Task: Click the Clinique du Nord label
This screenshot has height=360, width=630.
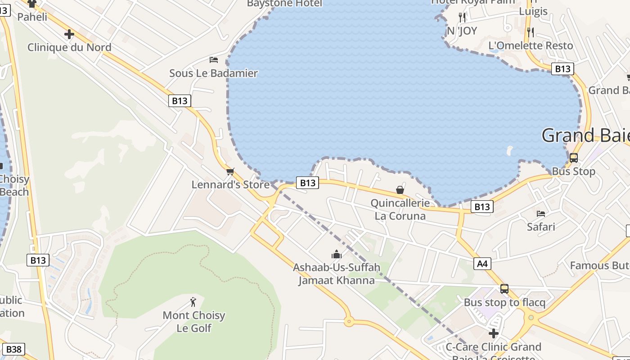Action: point(69,47)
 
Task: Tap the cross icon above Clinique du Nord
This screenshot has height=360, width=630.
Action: point(69,34)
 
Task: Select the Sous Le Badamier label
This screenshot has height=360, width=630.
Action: point(213,73)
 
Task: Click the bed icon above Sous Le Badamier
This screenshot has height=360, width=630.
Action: point(214,59)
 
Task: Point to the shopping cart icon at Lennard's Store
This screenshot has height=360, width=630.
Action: point(230,171)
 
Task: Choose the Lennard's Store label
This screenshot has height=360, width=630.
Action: point(230,184)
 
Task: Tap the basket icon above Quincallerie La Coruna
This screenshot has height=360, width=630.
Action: point(400,190)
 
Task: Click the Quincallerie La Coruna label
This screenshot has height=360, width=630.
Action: point(400,210)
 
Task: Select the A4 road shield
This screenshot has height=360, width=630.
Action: point(482,263)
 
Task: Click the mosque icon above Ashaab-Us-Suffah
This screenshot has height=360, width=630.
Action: point(336,255)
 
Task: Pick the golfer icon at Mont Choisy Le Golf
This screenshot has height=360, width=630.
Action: point(193,302)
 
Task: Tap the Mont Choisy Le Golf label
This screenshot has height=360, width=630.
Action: point(194,321)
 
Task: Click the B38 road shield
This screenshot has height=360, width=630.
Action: point(14,349)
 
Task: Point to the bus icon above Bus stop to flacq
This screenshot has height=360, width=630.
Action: point(504,289)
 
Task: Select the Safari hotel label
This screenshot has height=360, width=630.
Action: point(541,226)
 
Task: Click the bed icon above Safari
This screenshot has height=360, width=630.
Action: point(541,213)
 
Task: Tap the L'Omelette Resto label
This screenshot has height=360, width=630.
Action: point(531,45)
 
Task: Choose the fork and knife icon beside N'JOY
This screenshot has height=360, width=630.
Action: point(462,18)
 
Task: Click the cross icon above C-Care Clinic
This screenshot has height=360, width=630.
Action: point(494,333)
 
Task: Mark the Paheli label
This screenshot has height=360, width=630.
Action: point(32,17)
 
